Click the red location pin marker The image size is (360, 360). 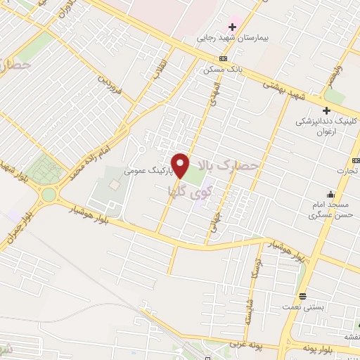pos(181,165)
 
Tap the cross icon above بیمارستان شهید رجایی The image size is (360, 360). pos(232,27)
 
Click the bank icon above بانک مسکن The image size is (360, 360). pos(223,59)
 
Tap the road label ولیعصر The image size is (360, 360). pos(338,78)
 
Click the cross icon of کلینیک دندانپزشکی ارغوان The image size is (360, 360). pos(326,110)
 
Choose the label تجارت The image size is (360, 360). pos(347,169)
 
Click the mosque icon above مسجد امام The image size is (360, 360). pos(330,195)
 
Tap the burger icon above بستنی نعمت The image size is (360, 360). pos(302,295)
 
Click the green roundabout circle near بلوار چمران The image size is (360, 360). pos(48,194)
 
